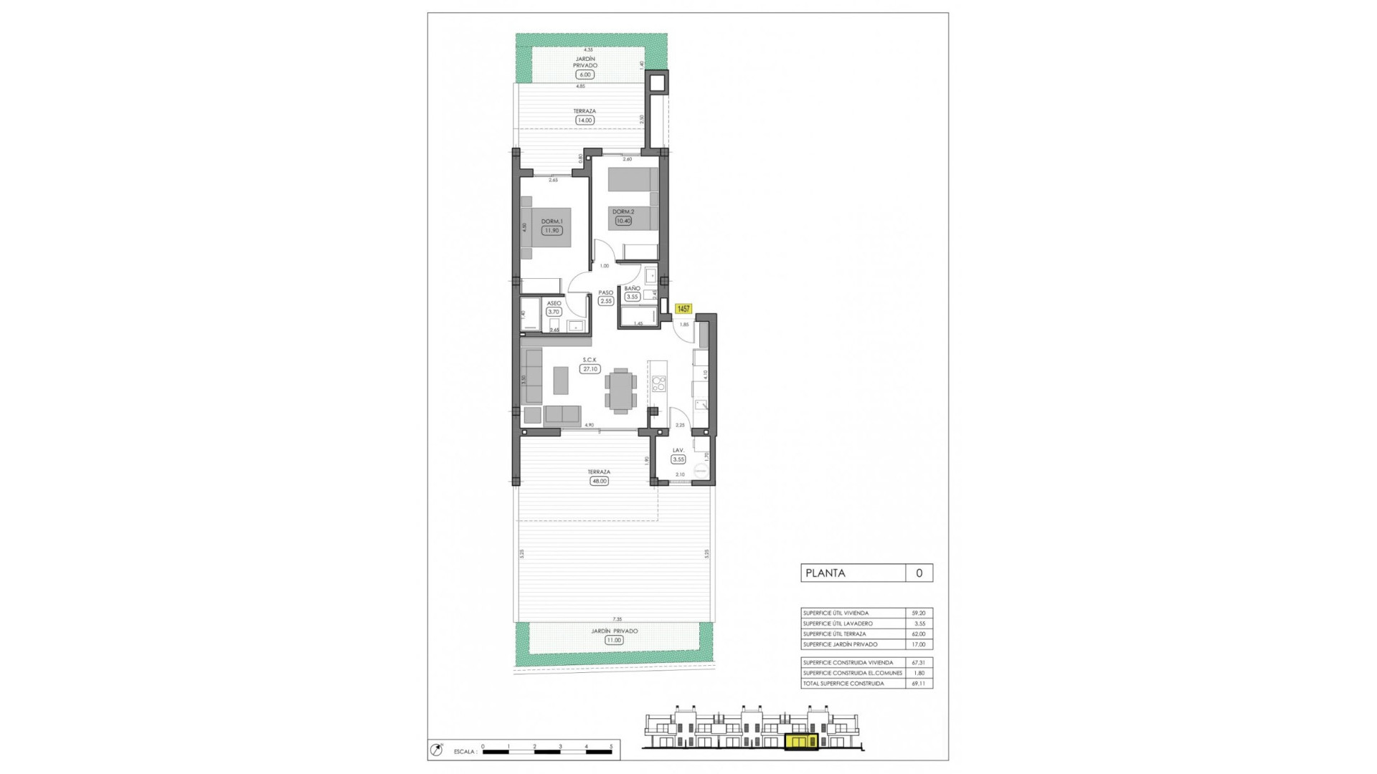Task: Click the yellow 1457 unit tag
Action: [x=683, y=309]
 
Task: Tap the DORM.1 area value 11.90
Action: [x=552, y=231]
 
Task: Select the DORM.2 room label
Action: [x=623, y=212]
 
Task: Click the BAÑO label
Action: [x=632, y=289]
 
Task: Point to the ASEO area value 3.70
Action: [x=553, y=312]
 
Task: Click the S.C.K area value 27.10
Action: [x=590, y=369]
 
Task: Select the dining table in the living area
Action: [x=620, y=391]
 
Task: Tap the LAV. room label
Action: [x=678, y=451]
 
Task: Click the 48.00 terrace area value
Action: [x=599, y=482]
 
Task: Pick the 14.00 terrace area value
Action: [x=585, y=120]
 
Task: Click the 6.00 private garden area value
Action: [x=585, y=75]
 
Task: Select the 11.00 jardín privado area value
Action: [x=614, y=640]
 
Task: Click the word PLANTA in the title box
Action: [x=825, y=573]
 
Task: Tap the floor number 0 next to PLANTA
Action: [x=919, y=573]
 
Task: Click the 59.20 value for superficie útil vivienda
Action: [x=918, y=613]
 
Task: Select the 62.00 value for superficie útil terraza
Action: [x=918, y=634]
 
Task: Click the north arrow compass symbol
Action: [x=436, y=750]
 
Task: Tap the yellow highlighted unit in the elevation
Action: [x=801, y=742]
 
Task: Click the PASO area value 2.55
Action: [x=606, y=302]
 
